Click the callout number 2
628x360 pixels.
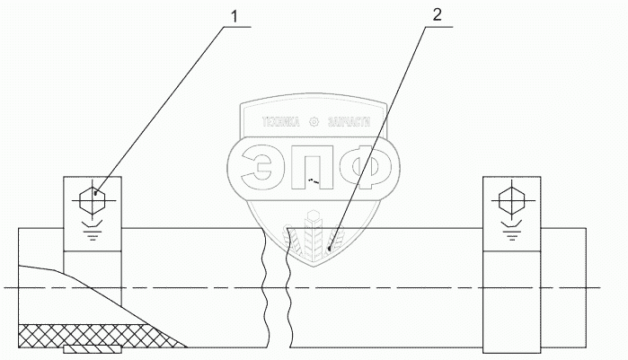pyautogui.click(x=438, y=14)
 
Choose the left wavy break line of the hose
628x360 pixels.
pyautogui.click(x=262, y=287)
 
